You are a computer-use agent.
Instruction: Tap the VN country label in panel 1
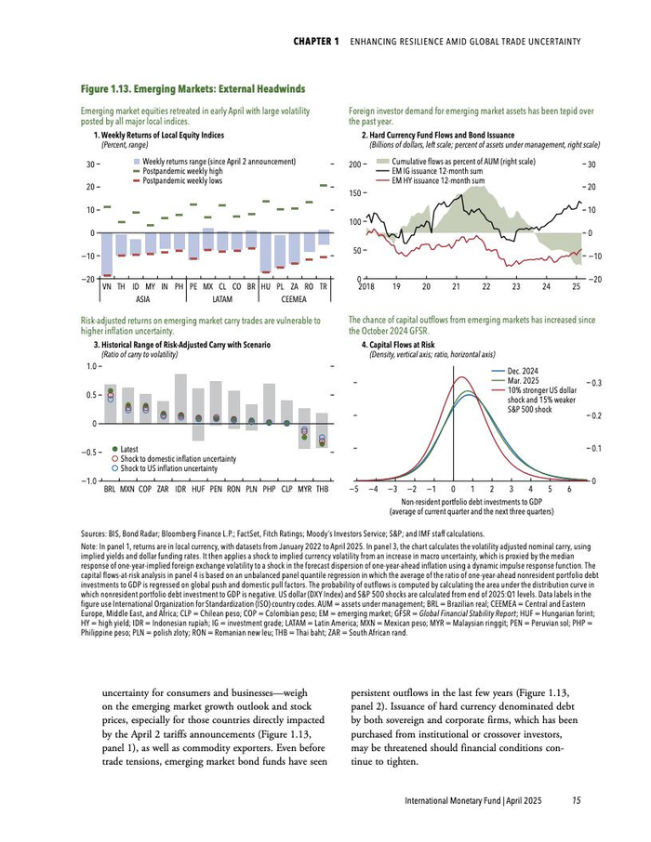[108, 288]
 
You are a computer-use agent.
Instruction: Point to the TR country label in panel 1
[323, 288]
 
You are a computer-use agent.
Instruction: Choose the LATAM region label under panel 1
[222, 299]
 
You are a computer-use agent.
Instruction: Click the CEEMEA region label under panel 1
[293, 299]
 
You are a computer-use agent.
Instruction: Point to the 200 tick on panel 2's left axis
[353, 164]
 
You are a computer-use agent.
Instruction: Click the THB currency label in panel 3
[322, 488]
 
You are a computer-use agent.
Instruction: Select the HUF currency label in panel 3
[198, 488]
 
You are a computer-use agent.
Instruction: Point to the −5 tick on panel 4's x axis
[354, 488]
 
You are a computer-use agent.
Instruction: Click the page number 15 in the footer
[577, 800]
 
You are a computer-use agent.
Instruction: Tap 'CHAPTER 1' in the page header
[316, 42]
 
